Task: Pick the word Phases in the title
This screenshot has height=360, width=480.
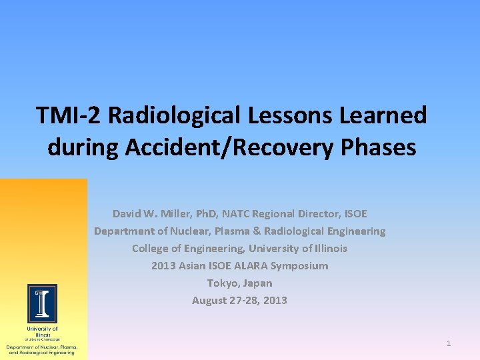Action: (x=381, y=147)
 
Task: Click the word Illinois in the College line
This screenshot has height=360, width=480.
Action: (x=325, y=249)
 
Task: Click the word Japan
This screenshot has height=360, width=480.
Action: (x=258, y=283)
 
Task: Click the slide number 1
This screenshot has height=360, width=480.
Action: (x=449, y=343)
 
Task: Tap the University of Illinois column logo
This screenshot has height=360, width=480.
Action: (x=42, y=303)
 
